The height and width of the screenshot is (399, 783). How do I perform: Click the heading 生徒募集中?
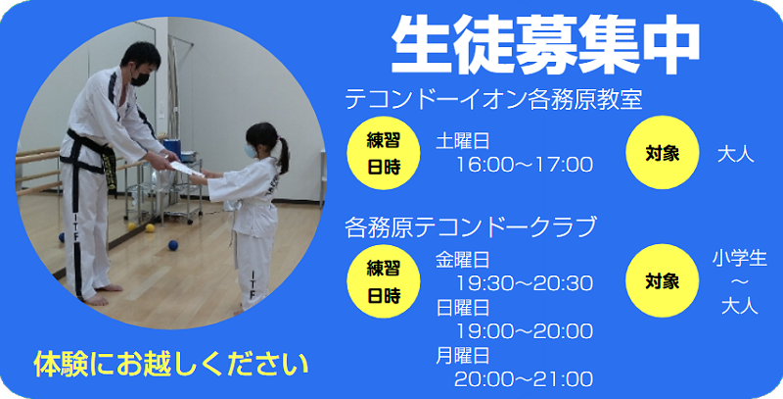545,44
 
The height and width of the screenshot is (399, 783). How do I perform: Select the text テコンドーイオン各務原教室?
492,100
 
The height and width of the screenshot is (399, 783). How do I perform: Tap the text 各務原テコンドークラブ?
470,228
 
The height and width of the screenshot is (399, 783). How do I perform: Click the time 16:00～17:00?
524,164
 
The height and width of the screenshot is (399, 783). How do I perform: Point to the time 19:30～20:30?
524,283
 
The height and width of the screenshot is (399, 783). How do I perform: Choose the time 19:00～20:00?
524,331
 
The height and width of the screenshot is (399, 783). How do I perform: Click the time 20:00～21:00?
524,378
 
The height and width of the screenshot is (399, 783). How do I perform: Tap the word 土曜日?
463,141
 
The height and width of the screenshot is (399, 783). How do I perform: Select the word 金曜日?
463,260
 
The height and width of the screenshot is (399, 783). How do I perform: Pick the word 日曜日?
463,308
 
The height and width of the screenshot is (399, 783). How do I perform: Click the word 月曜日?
463,355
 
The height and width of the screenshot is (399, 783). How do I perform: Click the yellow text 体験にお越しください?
171,364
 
